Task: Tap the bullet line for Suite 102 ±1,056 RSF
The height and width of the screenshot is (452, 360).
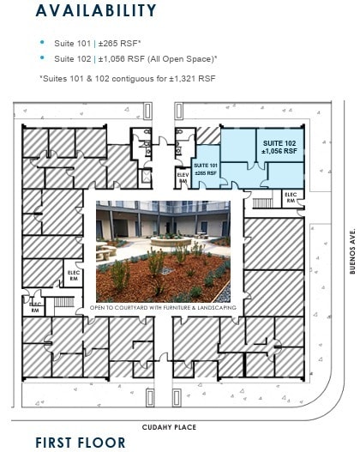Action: point(135,58)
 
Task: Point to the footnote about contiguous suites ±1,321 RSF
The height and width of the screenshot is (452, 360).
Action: point(128,79)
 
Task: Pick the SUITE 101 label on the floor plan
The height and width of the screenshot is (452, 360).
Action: point(206,167)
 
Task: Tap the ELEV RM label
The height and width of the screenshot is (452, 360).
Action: point(183,178)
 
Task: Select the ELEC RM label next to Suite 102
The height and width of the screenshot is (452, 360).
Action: point(291,197)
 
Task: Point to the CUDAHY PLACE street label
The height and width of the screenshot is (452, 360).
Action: point(169,427)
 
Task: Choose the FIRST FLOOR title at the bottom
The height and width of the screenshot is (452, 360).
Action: point(80,443)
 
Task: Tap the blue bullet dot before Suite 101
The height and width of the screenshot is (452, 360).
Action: point(42,42)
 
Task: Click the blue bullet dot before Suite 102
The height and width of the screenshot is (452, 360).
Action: point(42,58)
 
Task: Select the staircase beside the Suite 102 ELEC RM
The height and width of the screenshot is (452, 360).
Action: point(261,203)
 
